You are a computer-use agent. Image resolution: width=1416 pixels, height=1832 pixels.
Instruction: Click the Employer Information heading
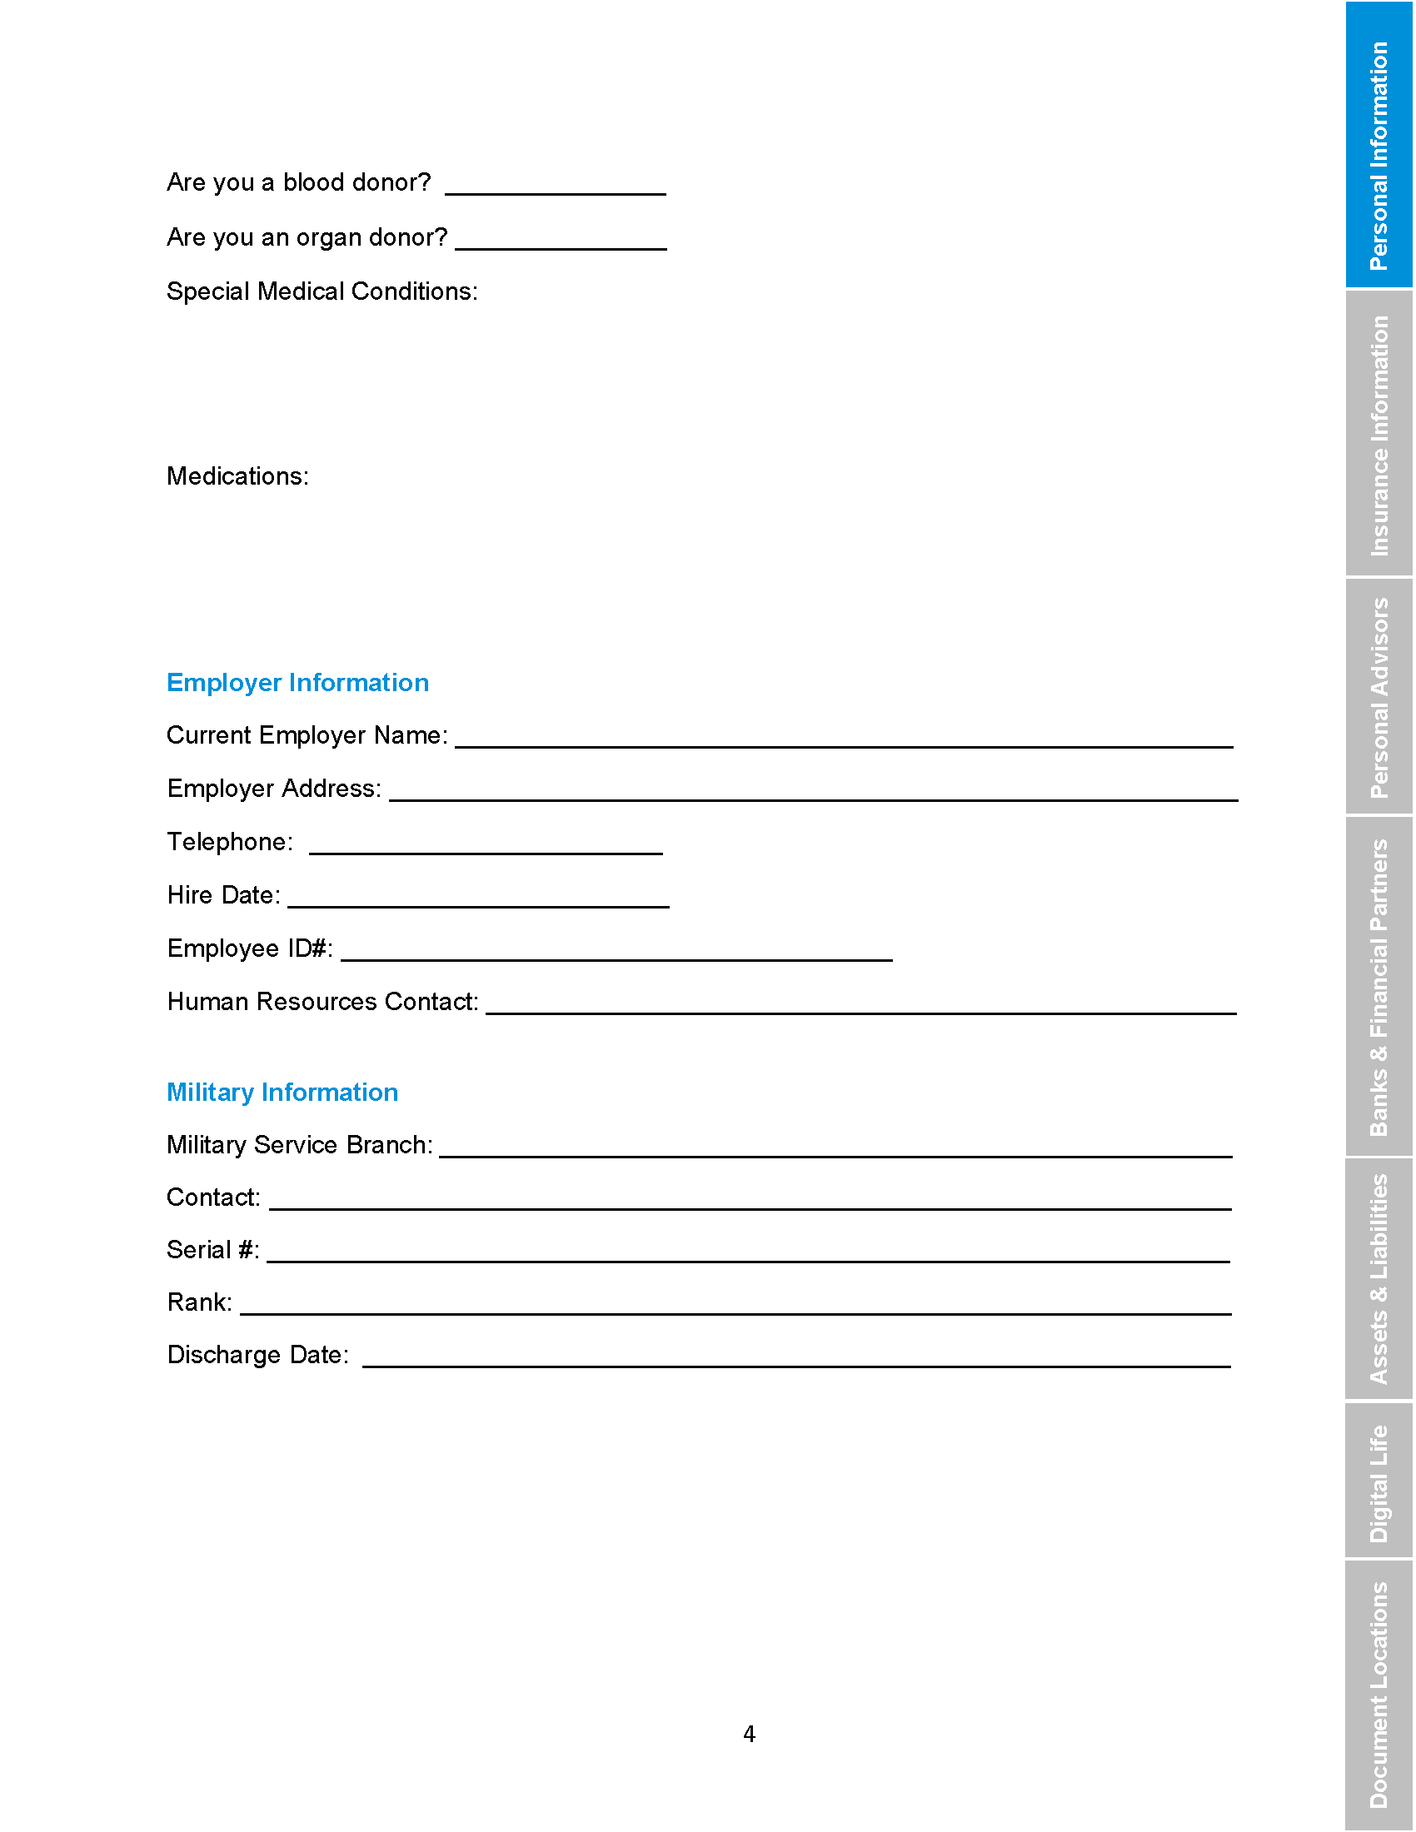tap(297, 683)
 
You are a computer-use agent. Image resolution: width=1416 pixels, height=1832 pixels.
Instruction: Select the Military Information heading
tap(282, 1093)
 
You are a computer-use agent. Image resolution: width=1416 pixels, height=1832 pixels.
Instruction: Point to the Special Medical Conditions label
tap(322, 292)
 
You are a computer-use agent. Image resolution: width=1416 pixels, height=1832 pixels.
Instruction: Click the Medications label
tap(237, 476)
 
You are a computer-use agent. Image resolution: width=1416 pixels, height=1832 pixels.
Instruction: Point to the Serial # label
tap(213, 1250)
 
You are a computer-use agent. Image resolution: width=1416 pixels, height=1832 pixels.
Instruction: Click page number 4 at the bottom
tap(749, 1734)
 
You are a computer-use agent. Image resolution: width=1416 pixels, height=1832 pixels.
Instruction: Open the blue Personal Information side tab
tap(1379, 145)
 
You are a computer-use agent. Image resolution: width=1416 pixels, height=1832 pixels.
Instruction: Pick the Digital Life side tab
tap(1379, 1481)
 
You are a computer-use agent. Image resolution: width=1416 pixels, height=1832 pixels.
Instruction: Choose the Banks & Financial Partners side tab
tap(1379, 987)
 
